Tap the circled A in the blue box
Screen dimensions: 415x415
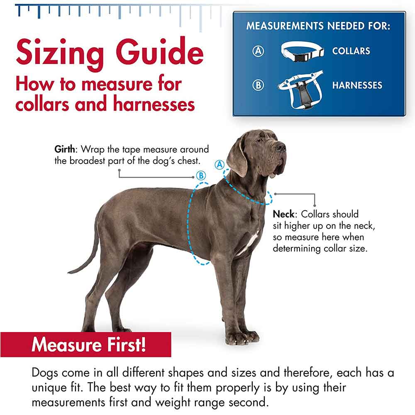(258, 51)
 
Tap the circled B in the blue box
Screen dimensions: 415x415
(258, 85)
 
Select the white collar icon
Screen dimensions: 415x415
(303, 51)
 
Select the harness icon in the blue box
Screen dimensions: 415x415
(301, 90)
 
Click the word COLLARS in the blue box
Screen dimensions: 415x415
(351, 51)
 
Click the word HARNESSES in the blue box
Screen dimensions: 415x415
(357, 85)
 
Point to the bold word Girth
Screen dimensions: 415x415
(65, 149)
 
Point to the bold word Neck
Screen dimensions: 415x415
(283, 214)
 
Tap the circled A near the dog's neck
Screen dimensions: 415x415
(220, 165)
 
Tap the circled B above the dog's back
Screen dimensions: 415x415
(201, 176)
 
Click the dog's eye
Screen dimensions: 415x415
(261, 141)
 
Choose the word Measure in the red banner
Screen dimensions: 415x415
(66, 344)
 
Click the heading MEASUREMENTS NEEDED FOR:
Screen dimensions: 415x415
(318, 26)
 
